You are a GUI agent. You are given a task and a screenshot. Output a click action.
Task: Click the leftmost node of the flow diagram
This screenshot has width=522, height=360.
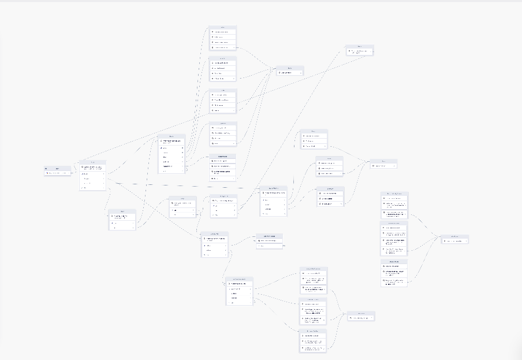click(x=58, y=171)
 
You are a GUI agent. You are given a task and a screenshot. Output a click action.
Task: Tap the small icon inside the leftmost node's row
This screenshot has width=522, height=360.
click(x=47, y=173)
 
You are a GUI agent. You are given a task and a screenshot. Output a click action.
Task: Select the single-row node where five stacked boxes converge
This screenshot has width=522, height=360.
click(x=290, y=70)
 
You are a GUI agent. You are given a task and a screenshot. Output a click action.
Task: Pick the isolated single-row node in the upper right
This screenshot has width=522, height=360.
click(x=360, y=51)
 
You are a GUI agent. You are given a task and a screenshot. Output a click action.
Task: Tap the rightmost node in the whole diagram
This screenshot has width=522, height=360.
click(x=454, y=239)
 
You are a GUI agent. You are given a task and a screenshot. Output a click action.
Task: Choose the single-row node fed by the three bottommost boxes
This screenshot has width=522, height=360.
click(x=361, y=316)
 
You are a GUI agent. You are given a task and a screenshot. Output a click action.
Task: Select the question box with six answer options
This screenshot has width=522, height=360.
click(x=171, y=154)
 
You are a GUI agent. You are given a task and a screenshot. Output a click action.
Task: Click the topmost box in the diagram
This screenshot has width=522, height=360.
click(x=222, y=38)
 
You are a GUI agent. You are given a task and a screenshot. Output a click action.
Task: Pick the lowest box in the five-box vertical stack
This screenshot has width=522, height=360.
click(x=222, y=168)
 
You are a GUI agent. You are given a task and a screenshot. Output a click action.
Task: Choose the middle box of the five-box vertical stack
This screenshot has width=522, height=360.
click(x=222, y=101)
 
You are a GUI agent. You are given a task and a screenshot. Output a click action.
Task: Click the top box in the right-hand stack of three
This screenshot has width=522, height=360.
click(x=394, y=205)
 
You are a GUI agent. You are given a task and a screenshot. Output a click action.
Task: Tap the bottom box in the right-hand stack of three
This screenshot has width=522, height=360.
click(x=394, y=273)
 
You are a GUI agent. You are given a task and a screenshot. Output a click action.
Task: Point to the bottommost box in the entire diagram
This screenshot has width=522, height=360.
click(x=313, y=341)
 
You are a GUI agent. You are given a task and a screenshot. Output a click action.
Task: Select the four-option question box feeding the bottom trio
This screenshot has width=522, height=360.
click(x=238, y=292)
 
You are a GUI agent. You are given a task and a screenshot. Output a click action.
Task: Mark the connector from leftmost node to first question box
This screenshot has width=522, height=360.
click(x=75, y=172)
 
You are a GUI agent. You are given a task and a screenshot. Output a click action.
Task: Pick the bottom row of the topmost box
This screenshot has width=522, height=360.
click(x=222, y=48)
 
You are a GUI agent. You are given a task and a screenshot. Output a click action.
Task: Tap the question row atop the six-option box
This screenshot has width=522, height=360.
click(x=171, y=140)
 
